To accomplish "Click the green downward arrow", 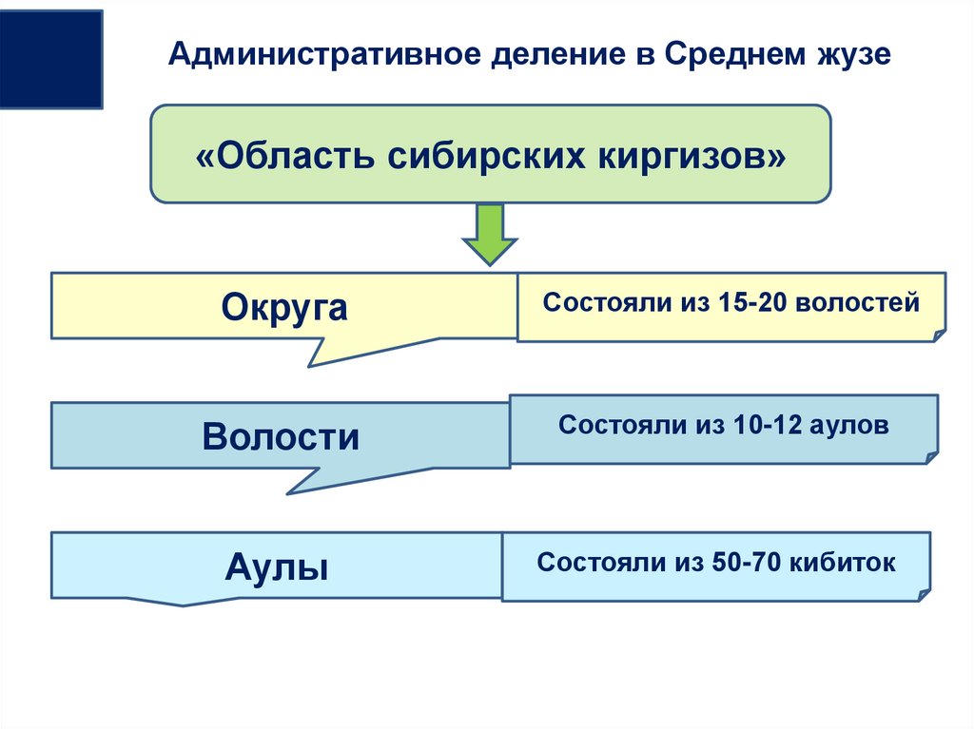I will pos(489,234).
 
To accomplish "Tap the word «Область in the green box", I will pos(286,155).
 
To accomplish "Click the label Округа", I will pos(284,307).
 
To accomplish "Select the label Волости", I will pos(281,437).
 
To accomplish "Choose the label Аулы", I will pos(277,568).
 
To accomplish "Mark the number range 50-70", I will pos(743,563).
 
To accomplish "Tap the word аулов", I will pos(850,425).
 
